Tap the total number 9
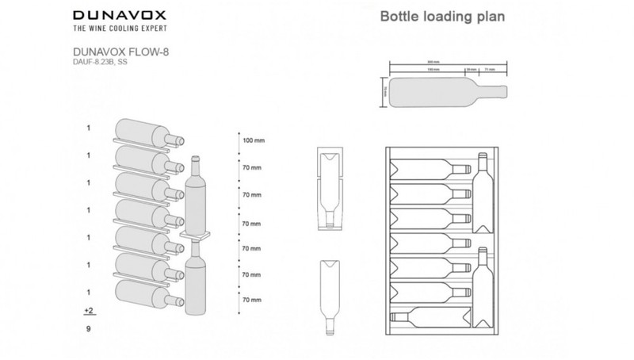[89, 327]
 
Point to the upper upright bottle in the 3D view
[195, 194]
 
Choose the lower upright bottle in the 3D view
[195, 274]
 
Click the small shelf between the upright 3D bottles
[198, 235]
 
